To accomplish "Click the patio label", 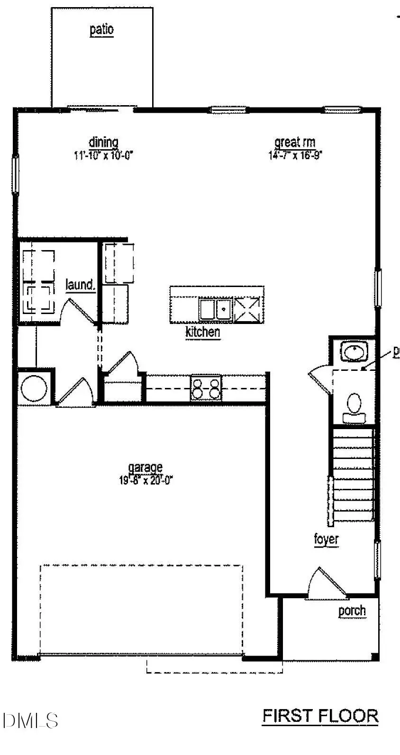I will (102, 29).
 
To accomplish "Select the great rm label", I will (295, 142).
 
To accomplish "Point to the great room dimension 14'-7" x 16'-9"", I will (295, 155).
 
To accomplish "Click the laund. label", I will (81, 285).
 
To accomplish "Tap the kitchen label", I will (202, 332).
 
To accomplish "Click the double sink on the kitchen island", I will (215, 309).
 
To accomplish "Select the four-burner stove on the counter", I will (206, 387).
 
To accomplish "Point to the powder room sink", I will (353, 352).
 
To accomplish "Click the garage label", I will (145, 468).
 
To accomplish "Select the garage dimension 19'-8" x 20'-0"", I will (146, 480).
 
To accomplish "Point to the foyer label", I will (326, 539).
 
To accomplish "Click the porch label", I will (352, 611).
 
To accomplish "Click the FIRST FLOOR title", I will (320, 716).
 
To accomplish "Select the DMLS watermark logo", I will (29, 720).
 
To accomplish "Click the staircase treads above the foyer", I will (353, 474).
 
